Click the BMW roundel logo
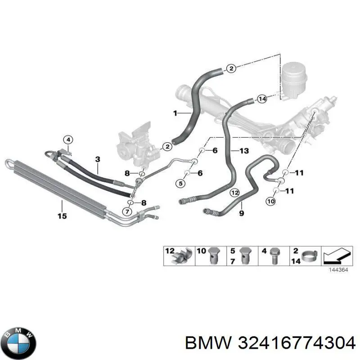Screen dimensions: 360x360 click(x=20, y=343)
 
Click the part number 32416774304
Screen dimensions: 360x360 click(x=297, y=343)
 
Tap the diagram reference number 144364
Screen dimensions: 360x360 click(x=338, y=270)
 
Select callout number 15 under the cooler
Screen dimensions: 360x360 click(x=62, y=216)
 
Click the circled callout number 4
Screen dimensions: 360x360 click(x=68, y=139)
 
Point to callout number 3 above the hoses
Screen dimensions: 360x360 click(x=98, y=159)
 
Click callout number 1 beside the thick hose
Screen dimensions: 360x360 click(x=175, y=113)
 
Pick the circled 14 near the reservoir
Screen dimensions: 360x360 click(x=262, y=99)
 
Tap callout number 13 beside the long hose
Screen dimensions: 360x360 click(x=244, y=151)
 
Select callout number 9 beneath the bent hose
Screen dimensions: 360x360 click(x=242, y=213)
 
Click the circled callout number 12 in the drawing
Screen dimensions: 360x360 click(x=235, y=193)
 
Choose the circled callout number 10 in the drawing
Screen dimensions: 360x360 click(x=271, y=201)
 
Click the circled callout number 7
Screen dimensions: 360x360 click(x=127, y=211)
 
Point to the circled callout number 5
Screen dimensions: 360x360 click(x=181, y=183)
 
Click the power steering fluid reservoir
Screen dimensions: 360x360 click(x=293, y=81)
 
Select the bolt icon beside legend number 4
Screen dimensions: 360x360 click(x=274, y=256)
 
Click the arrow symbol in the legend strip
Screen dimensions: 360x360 click(x=337, y=255)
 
